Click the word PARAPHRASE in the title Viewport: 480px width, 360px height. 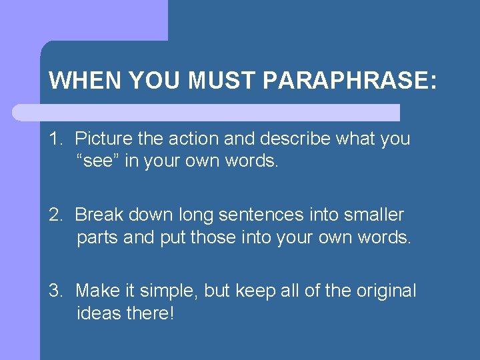[x=350, y=81]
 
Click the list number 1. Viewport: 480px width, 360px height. [x=54, y=139]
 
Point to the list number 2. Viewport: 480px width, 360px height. [x=54, y=215]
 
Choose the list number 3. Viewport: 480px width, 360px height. [x=54, y=291]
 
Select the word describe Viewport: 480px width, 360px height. [x=293, y=139]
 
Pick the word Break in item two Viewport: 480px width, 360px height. [x=97, y=215]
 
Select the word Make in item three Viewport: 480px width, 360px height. [x=97, y=291]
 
